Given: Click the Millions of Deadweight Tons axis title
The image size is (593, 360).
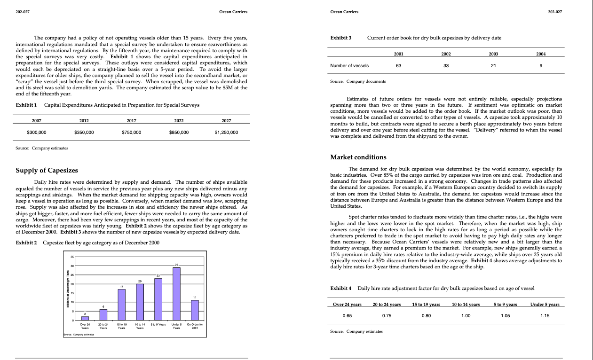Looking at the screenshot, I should click(x=66, y=288).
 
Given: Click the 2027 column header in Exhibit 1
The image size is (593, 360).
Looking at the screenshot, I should click(x=226, y=121).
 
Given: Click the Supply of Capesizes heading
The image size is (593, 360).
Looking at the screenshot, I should click(x=47, y=170).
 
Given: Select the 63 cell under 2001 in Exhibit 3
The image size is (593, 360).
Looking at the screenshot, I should click(x=398, y=66).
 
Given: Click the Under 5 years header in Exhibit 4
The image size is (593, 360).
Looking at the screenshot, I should click(x=545, y=305).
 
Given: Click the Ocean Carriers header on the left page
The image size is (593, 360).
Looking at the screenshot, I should click(x=233, y=11).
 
